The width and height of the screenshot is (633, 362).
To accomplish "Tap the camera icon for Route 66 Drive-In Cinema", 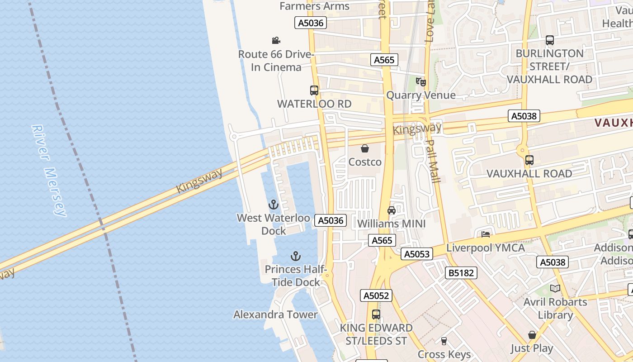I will coord(276,40).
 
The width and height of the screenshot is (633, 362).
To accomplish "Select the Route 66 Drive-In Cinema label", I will coord(276,61).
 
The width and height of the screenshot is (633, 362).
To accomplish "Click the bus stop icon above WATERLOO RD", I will coord(314,90).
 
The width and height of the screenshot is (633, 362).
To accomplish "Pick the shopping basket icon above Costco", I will coord(365,148).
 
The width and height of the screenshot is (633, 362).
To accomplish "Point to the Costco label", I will coord(365,162).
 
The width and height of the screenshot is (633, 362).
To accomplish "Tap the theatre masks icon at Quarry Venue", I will coord(421,81).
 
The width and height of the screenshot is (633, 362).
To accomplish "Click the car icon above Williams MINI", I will coord(392,210).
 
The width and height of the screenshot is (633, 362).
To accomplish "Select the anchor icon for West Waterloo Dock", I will coord(273,205).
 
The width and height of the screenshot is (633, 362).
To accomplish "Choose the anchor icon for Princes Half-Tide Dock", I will coord(295,257).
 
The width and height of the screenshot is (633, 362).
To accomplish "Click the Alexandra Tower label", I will coord(275,314).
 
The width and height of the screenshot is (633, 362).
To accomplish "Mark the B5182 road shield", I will coord(461,273).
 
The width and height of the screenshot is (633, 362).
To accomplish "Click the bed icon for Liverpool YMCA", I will coord(486,234).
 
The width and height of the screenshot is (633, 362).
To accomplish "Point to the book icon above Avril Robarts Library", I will coord(555,288).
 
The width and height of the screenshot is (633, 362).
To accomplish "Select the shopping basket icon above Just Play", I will coord(532,335).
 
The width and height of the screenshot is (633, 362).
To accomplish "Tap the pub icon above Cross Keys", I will coord(444,341).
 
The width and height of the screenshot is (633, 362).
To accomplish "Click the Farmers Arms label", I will coord(315,6).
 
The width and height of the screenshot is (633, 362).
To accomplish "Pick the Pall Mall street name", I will coord(433,161).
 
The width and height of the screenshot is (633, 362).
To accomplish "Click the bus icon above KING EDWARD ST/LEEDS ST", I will coord(376,314).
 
